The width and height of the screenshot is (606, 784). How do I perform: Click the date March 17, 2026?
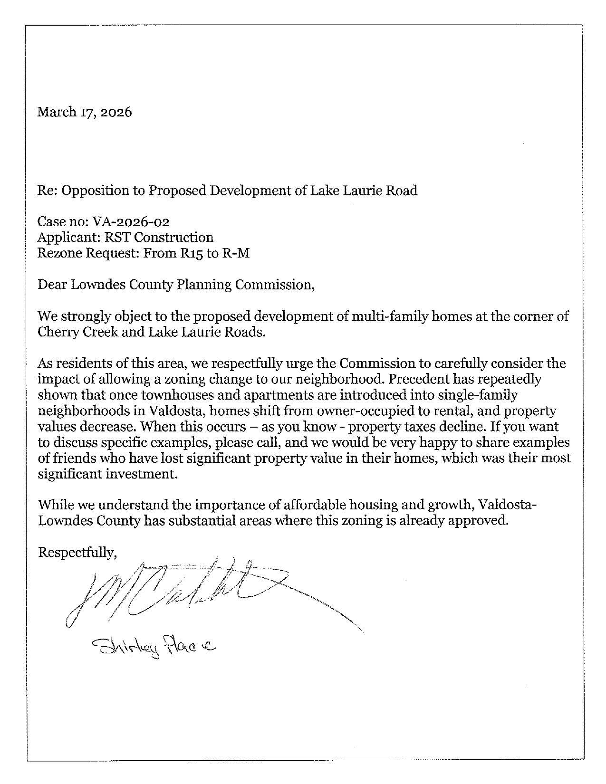(x=85, y=112)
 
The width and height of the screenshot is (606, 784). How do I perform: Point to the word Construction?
(x=174, y=237)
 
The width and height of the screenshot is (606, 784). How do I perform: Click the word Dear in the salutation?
(x=52, y=285)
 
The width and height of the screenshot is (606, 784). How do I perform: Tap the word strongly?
(x=87, y=316)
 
